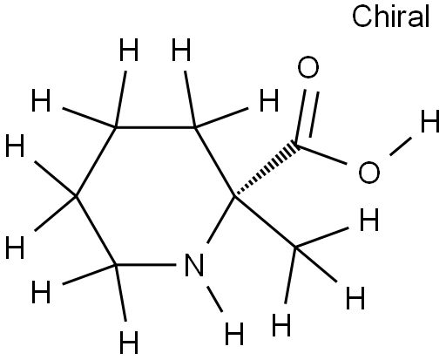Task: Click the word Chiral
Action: [390, 17]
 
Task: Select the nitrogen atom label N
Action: [194, 265]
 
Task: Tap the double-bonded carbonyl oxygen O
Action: [308, 67]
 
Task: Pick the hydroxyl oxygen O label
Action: [369, 172]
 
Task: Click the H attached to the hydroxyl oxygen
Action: [430, 120]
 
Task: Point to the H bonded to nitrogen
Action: [234, 333]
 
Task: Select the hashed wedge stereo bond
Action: [266, 169]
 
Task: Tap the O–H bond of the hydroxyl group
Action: [401, 146]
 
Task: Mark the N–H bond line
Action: [214, 299]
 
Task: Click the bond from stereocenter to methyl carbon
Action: [265, 222]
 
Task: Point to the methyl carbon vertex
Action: [295, 248]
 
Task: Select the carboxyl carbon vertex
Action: [297, 144]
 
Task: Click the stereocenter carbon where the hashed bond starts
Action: [234, 196]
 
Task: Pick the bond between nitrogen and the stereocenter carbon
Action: [221, 220]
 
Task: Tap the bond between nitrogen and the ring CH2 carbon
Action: [145, 265]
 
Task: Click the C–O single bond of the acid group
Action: [321, 154]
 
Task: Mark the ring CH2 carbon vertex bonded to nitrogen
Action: [116, 265]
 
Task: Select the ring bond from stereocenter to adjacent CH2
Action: [215, 162]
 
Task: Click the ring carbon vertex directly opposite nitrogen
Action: [194, 127]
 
